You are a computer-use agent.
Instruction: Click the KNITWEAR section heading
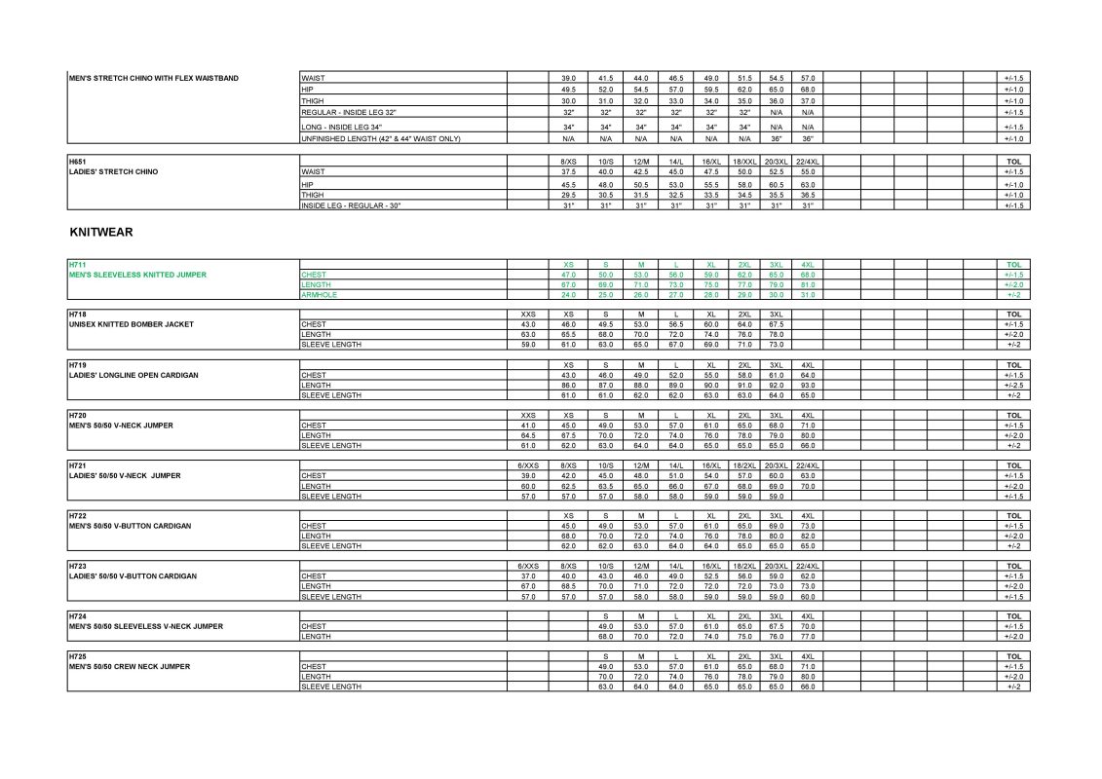click(101, 234)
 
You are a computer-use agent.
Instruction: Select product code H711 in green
click(77, 265)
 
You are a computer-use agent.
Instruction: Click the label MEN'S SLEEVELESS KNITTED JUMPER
click(137, 275)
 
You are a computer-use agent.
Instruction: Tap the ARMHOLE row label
click(320, 294)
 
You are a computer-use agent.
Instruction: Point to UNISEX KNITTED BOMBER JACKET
click(132, 324)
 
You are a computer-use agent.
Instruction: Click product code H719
click(77, 364)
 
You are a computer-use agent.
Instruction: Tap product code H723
click(77, 566)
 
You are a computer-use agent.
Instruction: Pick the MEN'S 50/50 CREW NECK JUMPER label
click(130, 666)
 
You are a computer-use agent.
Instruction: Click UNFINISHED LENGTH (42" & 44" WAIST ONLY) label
click(381, 138)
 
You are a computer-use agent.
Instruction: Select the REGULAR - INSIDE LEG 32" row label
click(357, 112)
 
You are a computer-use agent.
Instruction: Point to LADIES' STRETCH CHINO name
click(113, 172)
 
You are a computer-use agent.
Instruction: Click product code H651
click(77, 160)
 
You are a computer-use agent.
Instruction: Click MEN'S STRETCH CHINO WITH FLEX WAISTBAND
click(153, 78)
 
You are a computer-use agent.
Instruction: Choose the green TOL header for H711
click(1013, 265)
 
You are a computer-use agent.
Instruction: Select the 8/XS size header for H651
click(569, 160)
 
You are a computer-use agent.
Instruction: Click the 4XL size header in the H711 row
click(808, 265)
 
